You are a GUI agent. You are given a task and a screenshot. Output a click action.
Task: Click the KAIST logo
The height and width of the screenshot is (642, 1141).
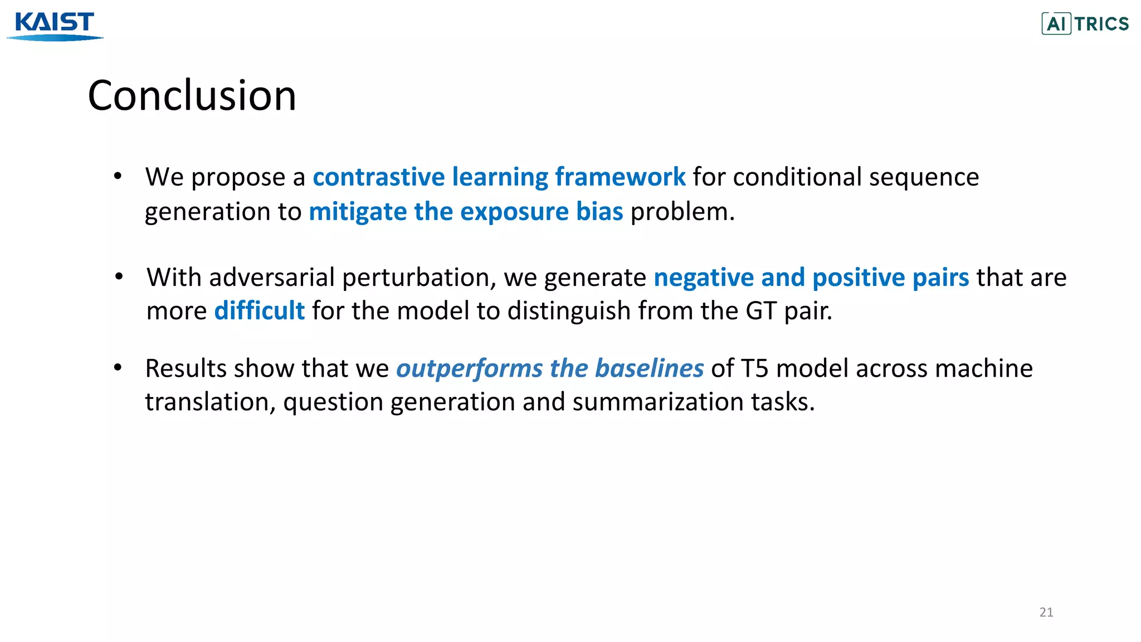[55, 26]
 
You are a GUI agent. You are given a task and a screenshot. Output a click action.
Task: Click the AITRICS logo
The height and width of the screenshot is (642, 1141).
[1085, 24]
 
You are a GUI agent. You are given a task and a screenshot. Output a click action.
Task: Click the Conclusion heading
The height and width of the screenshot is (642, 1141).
[192, 95]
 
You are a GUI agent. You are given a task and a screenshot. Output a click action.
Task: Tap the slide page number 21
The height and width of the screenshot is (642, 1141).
[1046, 612]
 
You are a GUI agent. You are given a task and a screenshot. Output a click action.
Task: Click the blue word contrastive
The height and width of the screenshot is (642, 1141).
[378, 177]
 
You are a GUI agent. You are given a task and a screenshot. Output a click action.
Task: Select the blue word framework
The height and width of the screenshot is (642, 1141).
[620, 177]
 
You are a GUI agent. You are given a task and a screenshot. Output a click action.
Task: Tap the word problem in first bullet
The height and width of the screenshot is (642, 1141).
[681, 212]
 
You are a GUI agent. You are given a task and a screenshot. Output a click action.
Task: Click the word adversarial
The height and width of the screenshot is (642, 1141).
[272, 278]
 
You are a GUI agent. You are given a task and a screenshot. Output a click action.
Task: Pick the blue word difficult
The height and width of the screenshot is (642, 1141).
[259, 311]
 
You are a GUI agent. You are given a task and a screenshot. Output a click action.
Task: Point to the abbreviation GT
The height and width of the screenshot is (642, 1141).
[760, 311]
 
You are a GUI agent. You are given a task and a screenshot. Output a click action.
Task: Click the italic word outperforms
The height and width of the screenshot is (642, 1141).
[469, 368]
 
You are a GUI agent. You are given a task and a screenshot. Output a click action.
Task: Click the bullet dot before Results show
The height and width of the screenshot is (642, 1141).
[118, 367]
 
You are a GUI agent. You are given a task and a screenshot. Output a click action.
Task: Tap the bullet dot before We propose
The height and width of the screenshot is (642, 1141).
[118, 176]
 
